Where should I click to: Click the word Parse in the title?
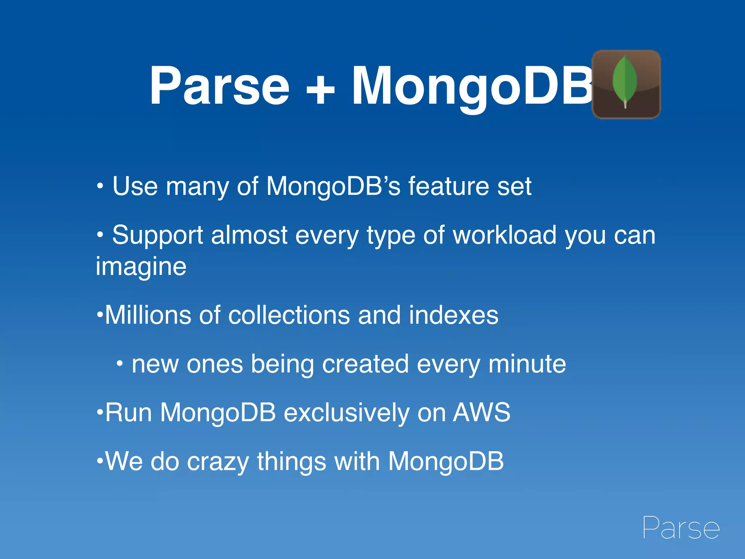(219, 86)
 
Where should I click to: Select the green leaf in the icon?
(625, 80)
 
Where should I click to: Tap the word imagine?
(141, 267)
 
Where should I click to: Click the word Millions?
(148, 315)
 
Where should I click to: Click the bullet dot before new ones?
(120, 363)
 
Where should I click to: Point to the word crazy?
(218, 461)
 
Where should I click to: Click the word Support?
(157, 235)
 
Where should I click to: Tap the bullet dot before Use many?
(100, 187)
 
